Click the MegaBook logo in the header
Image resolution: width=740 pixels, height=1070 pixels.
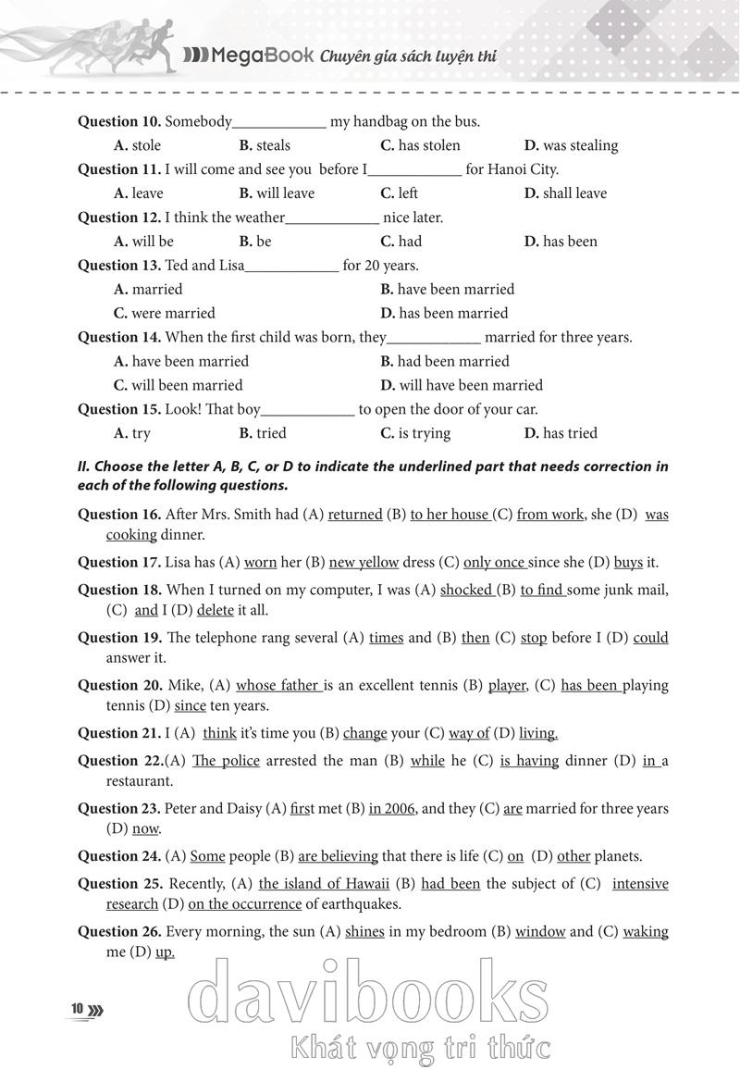pos(248,56)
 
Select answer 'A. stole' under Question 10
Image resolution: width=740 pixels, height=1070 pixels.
pos(137,145)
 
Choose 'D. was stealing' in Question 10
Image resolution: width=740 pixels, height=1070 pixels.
pos(571,145)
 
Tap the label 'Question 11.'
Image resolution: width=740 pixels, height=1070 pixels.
pos(119,169)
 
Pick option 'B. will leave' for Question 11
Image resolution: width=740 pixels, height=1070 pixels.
pos(277,193)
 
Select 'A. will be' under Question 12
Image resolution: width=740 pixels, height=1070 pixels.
pos(143,242)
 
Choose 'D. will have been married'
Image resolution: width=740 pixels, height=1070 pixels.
pos(462,385)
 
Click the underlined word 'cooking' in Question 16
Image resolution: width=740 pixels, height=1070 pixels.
pos(131,535)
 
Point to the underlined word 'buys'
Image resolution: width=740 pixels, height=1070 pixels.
pos(628,562)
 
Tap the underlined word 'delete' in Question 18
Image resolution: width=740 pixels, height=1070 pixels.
pos(216,611)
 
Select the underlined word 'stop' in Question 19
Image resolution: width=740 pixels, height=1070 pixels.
pos(534,638)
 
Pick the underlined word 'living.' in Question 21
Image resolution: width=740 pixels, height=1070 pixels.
pos(538,733)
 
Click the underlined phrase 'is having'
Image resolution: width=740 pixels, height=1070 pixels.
pos(529,761)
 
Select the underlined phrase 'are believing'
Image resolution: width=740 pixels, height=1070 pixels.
pos(338,856)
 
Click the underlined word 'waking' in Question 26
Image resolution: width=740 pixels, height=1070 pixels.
pos(646,932)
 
